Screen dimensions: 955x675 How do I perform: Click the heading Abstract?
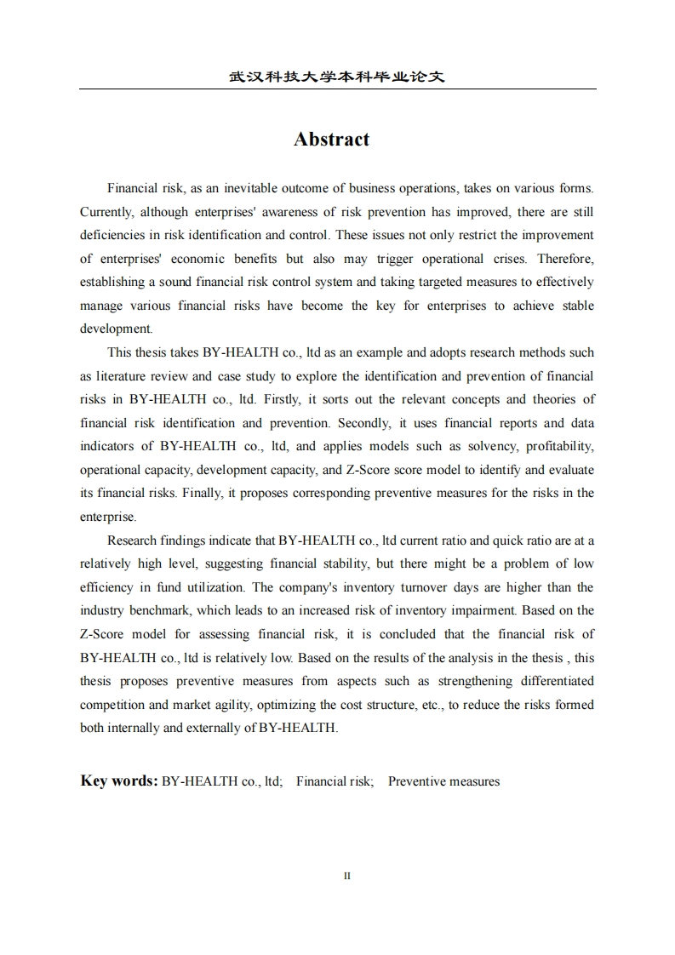tap(331, 140)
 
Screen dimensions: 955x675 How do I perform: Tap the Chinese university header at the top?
tap(337, 77)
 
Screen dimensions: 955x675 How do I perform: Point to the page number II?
tap(347, 876)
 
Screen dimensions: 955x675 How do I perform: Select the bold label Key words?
tap(118, 781)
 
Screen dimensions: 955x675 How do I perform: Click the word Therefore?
tap(566, 259)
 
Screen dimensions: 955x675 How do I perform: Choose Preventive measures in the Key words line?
tap(443, 781)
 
